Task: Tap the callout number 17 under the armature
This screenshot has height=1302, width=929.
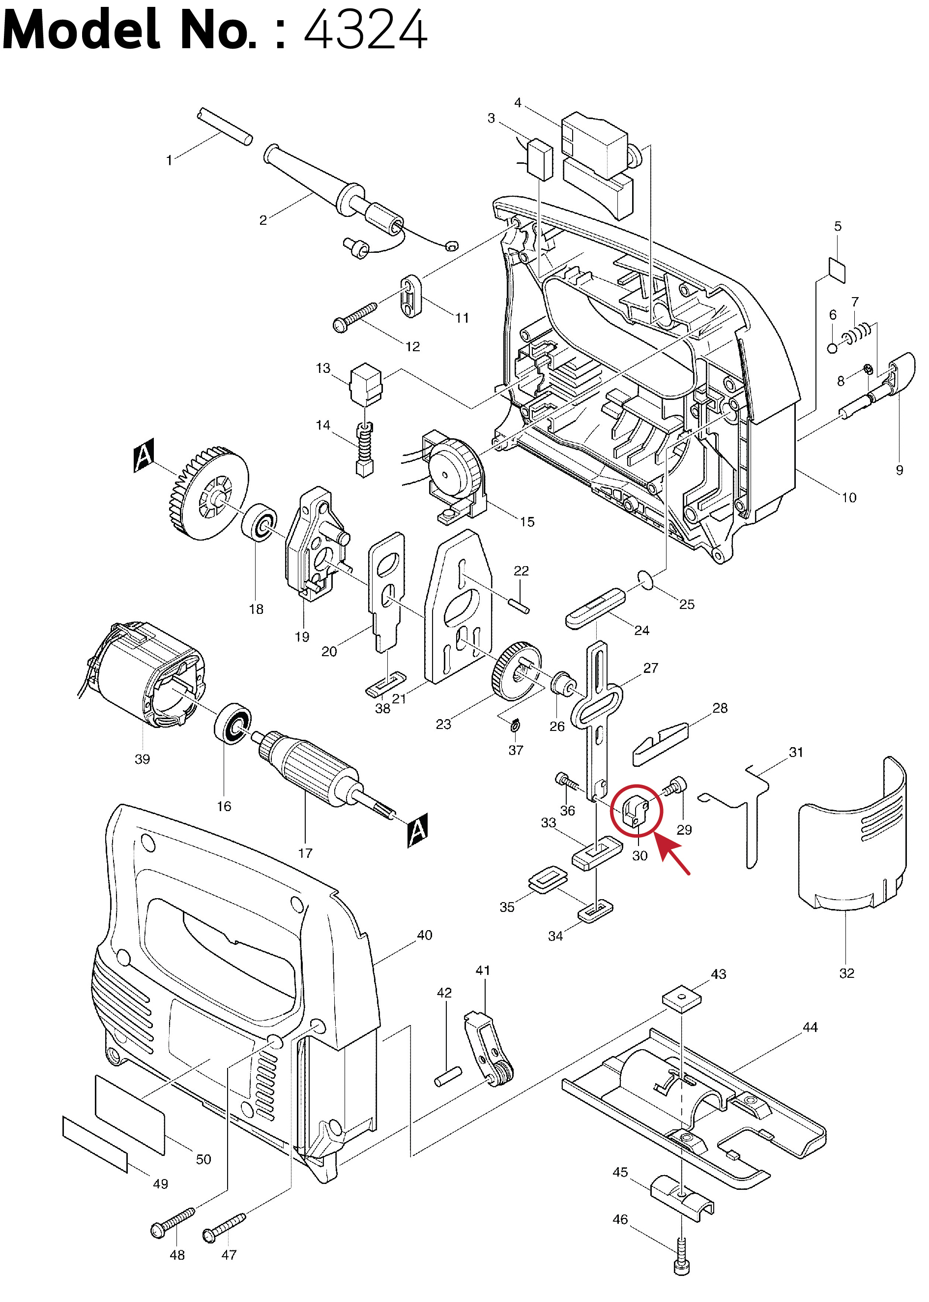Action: click(305, 853)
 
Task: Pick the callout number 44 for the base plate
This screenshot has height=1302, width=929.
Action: click(810, 1028)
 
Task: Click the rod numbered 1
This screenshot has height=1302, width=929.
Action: click(224, 126)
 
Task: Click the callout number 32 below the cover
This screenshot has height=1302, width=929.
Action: click(846, 973)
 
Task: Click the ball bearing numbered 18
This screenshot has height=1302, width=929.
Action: click(260, 522)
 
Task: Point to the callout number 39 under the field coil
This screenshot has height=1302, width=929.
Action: click(142, 759)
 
